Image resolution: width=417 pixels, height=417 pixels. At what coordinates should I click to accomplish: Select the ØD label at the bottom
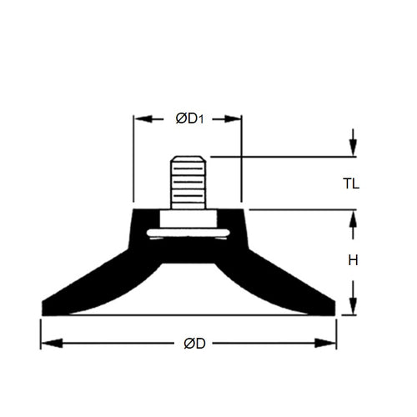click(x=190, y=344)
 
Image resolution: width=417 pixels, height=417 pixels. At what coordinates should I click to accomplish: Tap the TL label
click(x=351, y=183)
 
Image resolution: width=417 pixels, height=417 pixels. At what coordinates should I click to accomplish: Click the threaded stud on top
click(x=188, y=182)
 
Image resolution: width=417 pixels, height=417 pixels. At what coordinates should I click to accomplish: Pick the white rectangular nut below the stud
click(x=188, y=219)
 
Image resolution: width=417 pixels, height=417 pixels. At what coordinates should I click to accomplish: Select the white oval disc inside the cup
click(x=188, y=234)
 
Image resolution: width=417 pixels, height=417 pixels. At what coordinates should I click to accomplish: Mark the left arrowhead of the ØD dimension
click(x=47, y=344)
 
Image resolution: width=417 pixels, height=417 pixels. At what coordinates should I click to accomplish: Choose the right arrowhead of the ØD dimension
click(x=330, y=344)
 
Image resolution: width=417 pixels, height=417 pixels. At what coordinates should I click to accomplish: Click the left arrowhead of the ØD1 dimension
click(x=139, y=119)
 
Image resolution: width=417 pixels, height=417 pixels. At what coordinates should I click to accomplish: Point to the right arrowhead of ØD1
click(x=236, y=119)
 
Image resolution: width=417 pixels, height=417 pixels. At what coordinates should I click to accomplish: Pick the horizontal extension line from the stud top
click(x=275, y=156)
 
